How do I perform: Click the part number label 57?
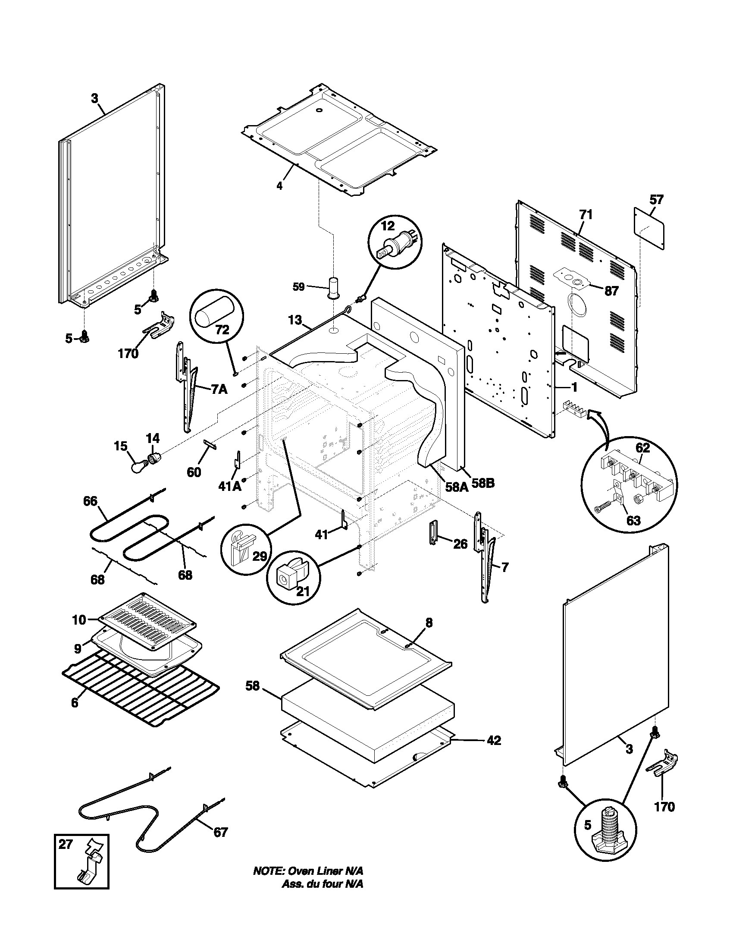tap(656, 200)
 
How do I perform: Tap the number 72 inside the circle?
tap(222, 330)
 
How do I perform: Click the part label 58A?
tap(456, 486)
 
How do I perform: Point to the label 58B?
tap(483, 483)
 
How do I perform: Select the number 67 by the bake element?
tap(220, 832)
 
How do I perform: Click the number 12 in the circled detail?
tap(388, 226)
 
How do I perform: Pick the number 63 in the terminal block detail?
tap(633, 520)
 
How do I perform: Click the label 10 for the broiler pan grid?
tap(79, 620)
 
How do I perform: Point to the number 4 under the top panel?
tap(280, 186)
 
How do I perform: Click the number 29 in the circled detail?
tap(260, 556)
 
